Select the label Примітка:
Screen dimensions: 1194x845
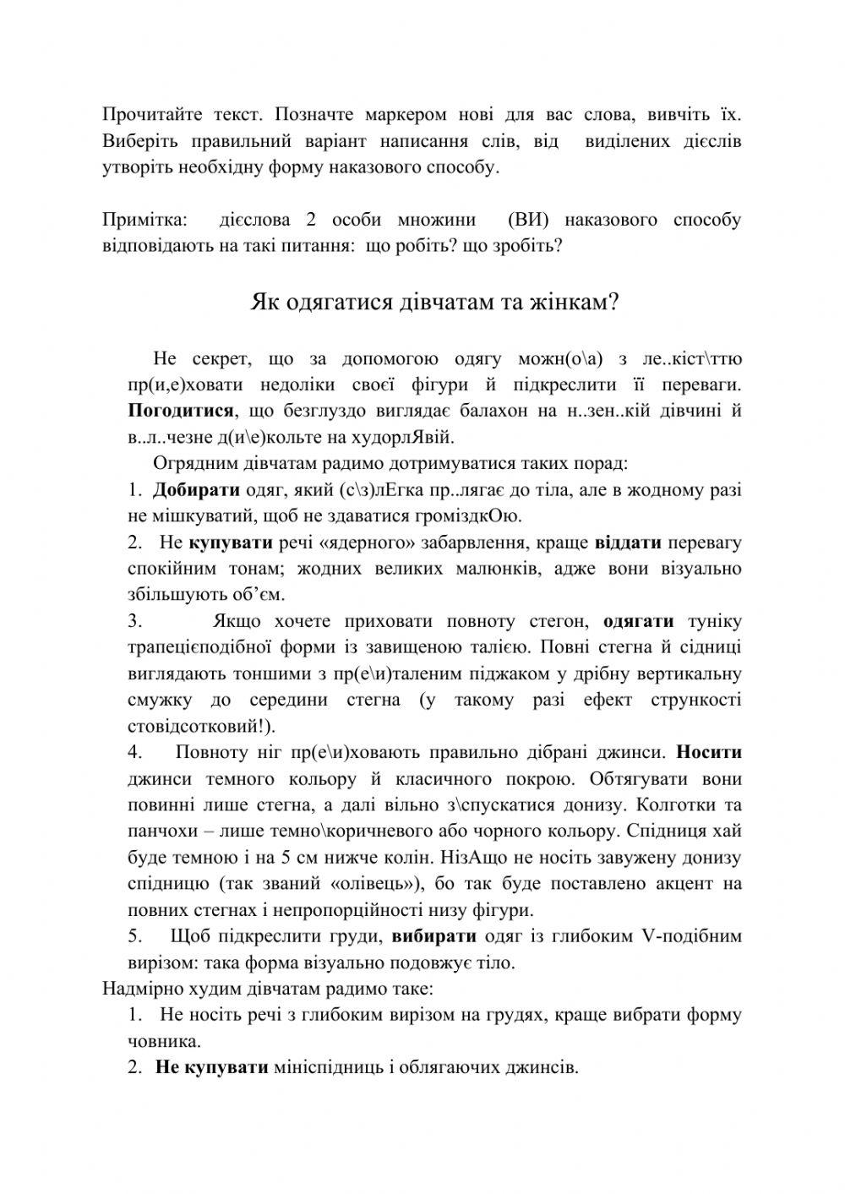pos(144,221)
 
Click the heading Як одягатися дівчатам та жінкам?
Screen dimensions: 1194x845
pos(435,302)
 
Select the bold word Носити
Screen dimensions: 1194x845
pos(709,752)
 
